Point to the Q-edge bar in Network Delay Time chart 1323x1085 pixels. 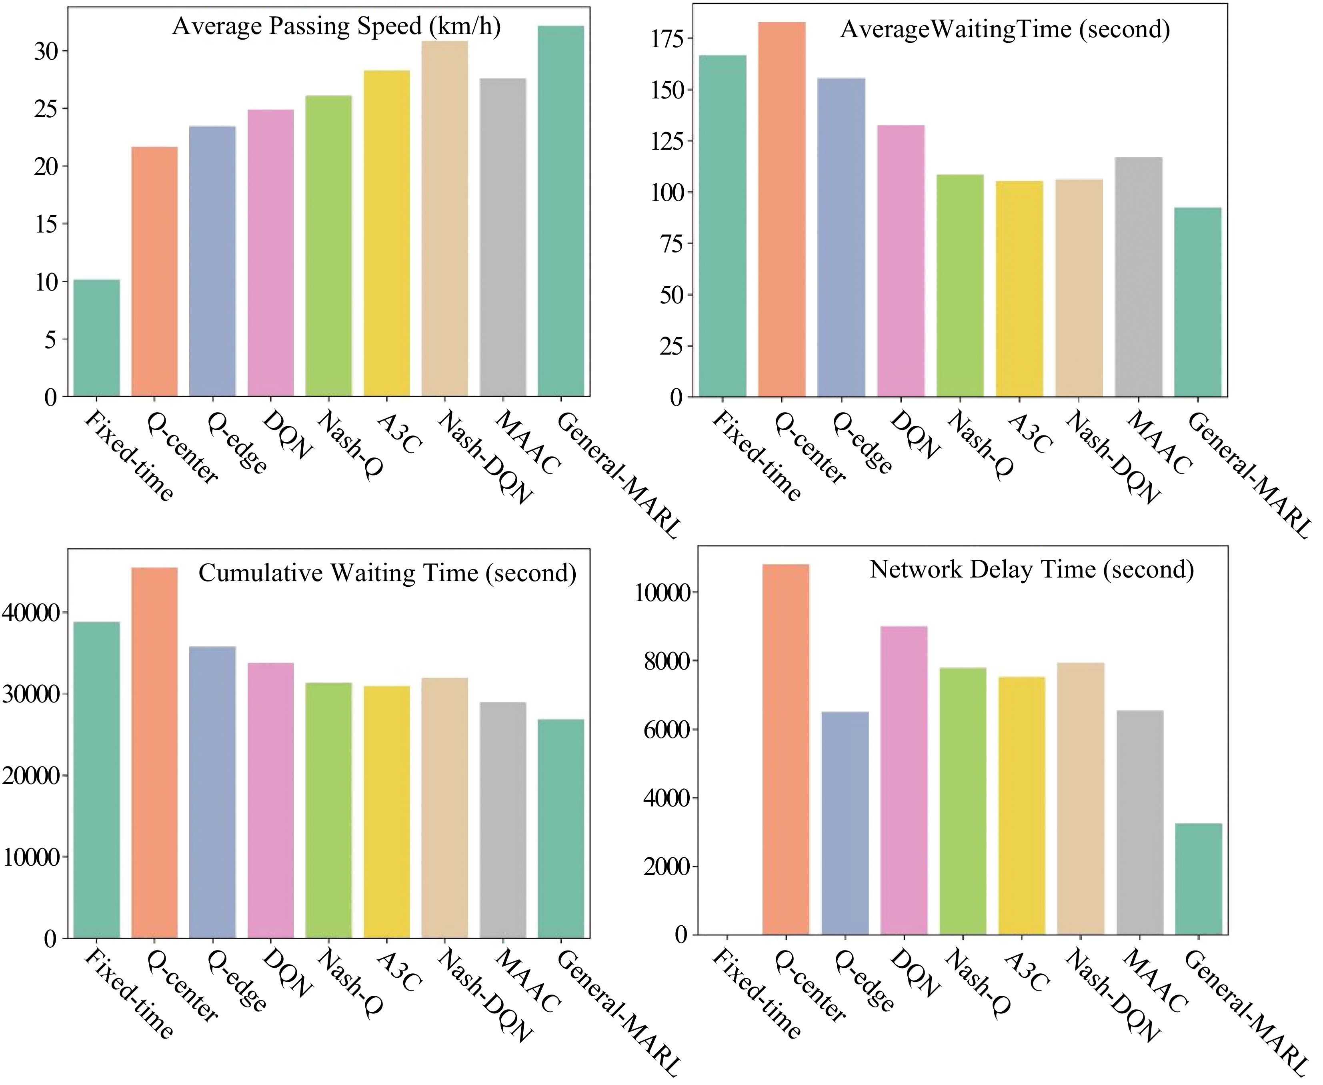pos(845,823)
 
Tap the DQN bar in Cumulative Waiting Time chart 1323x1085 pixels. pos(270,800)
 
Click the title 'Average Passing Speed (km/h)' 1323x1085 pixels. pos(336,27)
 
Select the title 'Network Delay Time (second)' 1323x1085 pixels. pos(1031,570)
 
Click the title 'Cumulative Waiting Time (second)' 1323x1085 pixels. pos(386,573)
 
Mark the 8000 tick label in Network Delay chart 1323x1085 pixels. pos(665,661)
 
